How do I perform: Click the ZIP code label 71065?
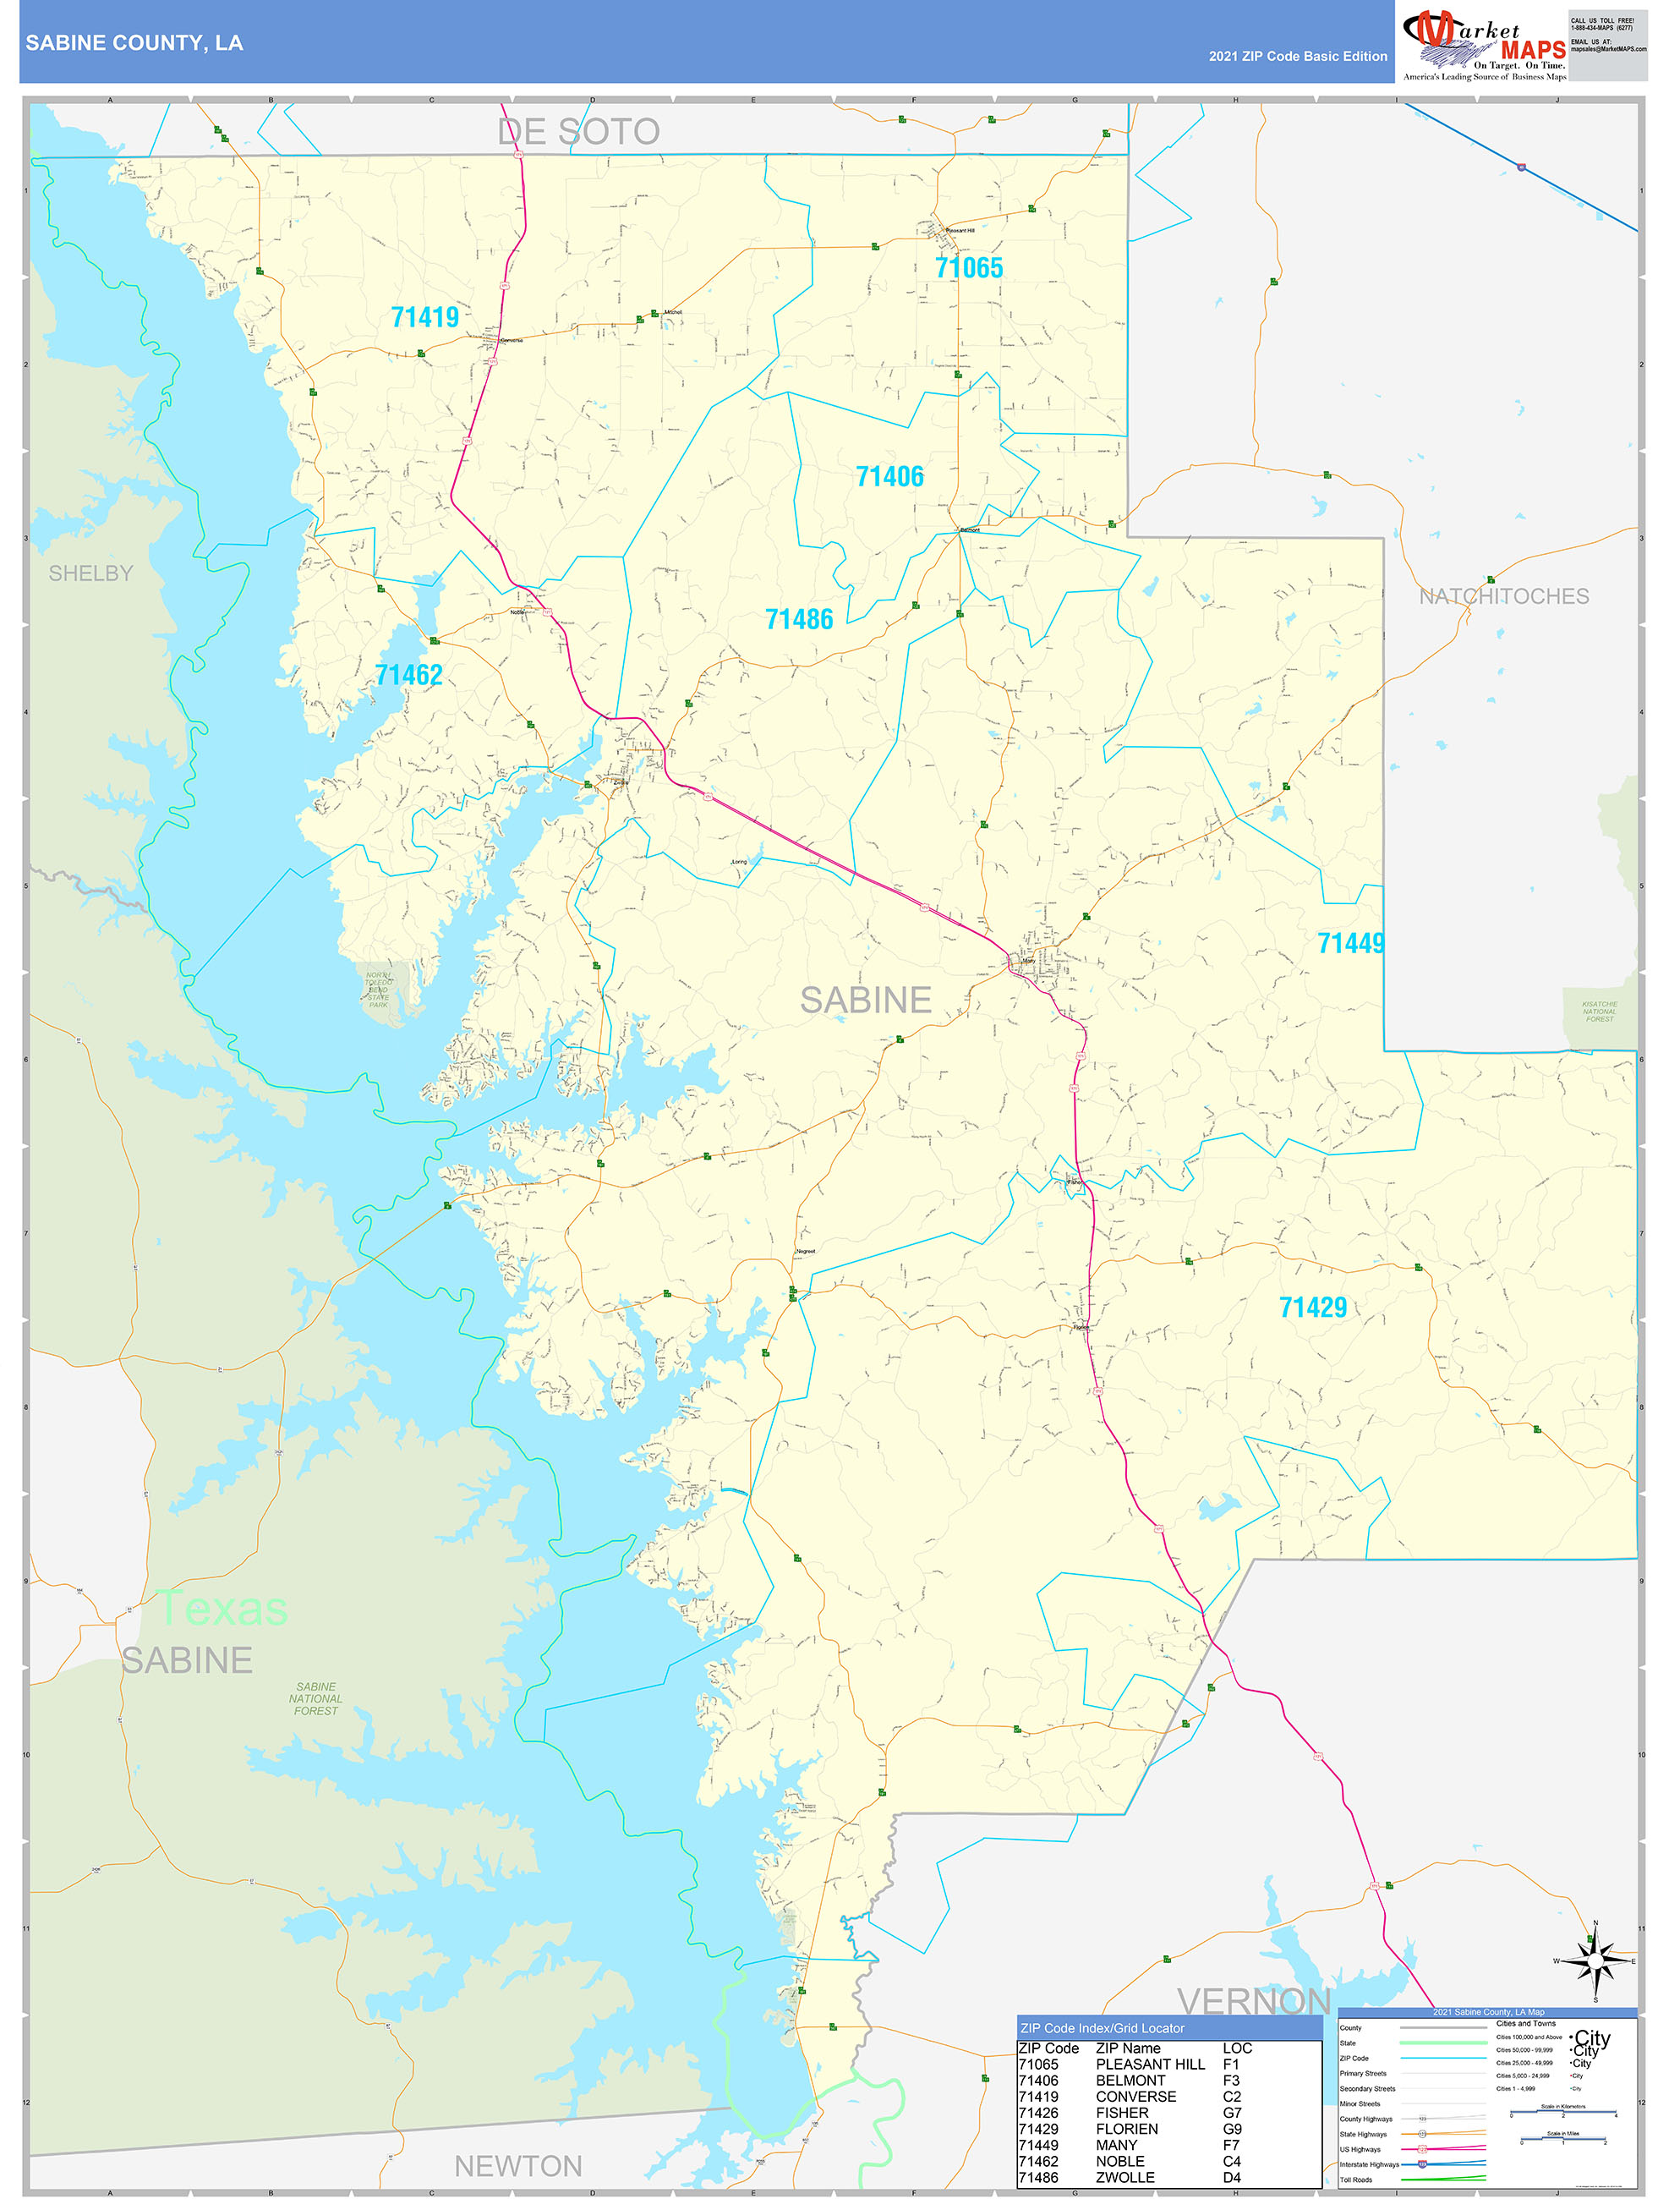[968, 267]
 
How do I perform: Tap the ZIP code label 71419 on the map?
[424, 317]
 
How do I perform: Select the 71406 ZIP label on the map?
[889, 477]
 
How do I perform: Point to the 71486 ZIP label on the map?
[799, 619]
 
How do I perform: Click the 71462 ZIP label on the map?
[408, 675]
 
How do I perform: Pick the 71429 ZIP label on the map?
[1312, 1308]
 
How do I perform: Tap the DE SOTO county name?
[577, 131]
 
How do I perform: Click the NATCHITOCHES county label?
[1503, 596]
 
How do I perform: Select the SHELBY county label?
[90, 573]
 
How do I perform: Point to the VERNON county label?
[1254, 2001]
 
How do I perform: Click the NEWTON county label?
[518, 2166]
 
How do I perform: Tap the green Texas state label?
[224, 1609]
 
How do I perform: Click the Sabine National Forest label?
[316, 1699]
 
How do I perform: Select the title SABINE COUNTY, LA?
[134, 43]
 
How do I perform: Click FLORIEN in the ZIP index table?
[1126, 2129]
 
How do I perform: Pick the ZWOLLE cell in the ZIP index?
[1125, 2177]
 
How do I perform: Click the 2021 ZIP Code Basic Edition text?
[1297, 57]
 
